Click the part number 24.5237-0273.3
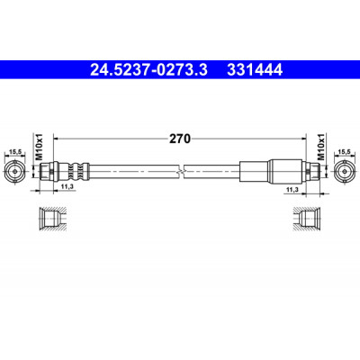click(149, 70)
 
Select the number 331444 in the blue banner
click(255, 70)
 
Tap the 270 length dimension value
click(180, 139)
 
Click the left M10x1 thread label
click(40, 148)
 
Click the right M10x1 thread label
click(321, 147)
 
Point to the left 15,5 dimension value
click(15, 152)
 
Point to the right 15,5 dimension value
click(345, 152)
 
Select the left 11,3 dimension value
click(67, 186)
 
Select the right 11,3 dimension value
click(292, 190)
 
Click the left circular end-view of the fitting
click(14, 172)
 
